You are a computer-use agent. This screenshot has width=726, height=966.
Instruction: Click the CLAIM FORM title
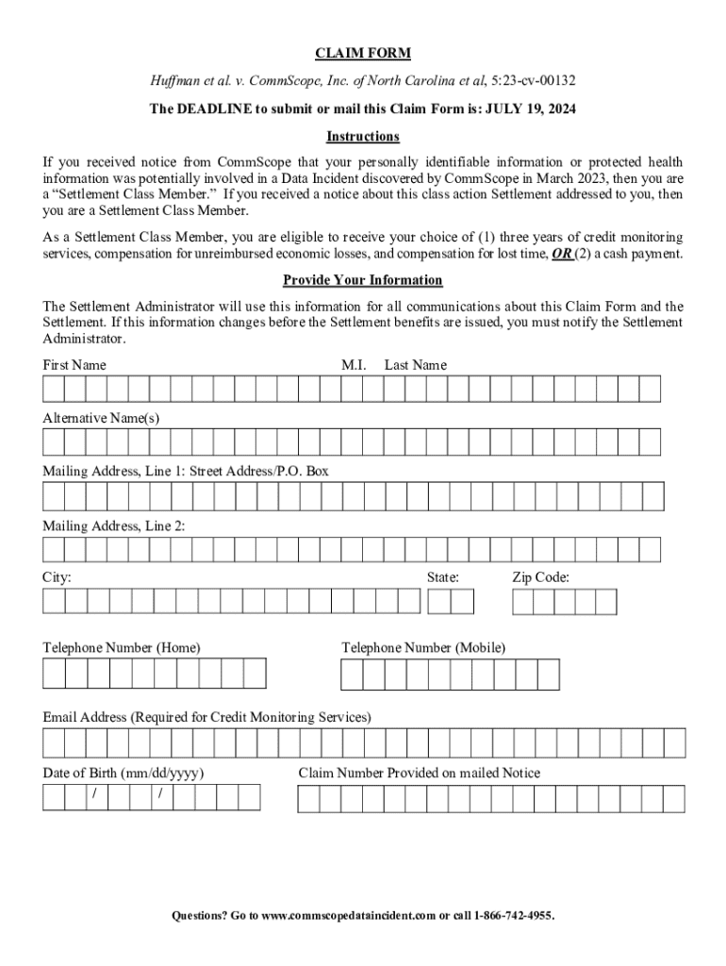[363, 53]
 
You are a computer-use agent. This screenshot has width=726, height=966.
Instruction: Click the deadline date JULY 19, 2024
[531, 109]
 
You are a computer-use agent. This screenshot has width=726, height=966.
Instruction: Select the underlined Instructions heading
[363, 137]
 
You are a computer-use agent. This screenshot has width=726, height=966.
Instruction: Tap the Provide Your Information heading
[363, 281]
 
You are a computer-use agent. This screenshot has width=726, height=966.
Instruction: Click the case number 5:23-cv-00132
[536, 81]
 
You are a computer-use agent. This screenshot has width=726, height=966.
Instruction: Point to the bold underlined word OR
[562, 255]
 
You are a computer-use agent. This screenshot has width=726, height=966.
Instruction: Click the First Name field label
[74, 365]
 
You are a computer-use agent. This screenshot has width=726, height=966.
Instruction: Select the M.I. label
[354, 365]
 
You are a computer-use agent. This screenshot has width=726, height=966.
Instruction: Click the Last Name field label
[416, 365]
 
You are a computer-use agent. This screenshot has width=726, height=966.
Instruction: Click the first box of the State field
[438, 602]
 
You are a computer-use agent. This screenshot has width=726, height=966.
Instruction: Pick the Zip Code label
[540, 577]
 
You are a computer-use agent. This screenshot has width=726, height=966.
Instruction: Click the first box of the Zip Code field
[523, 602]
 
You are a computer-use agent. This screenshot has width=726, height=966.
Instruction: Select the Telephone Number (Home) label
[121, 648]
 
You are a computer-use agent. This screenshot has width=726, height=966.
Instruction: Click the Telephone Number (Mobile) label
[423, 648]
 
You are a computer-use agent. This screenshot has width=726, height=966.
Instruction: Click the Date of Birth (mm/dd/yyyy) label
[124, 774]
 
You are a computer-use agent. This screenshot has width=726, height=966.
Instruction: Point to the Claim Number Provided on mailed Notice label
[420, 774]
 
